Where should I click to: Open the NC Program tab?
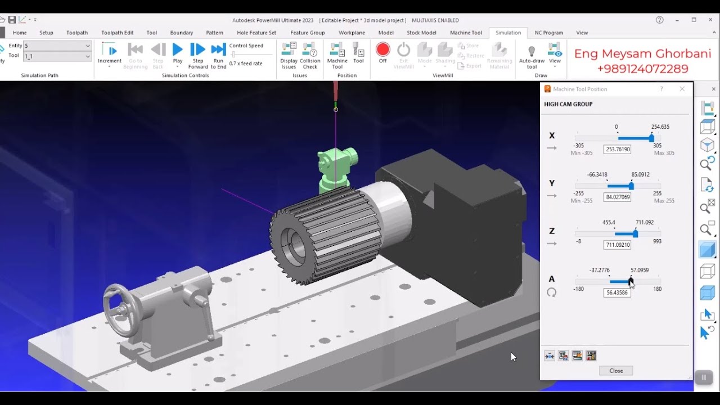pyautogui.click(x=548, y=33)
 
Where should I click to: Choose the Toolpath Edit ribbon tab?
pyautogui.click(x=117, y=33)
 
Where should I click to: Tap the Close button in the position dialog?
pyautogui.click(x=616, y=371)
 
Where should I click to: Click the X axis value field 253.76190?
pyautogui.click(x=617, y=150)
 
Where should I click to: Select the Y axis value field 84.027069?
pyautogui.click(x=617, y=197)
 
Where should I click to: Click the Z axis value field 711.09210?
pyautogui.click(x=617, y=245)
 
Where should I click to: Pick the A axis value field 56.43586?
pyautogui.click(x=617, y=293)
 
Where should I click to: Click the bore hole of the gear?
pyautogui.click(x=292, y=247)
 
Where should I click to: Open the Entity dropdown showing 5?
pyautogui.click(x=57, y=46)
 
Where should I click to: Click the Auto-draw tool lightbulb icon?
pyautogui.click(x=532, y=52)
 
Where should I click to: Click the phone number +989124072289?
pyautogui.click(x=642, y=69)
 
